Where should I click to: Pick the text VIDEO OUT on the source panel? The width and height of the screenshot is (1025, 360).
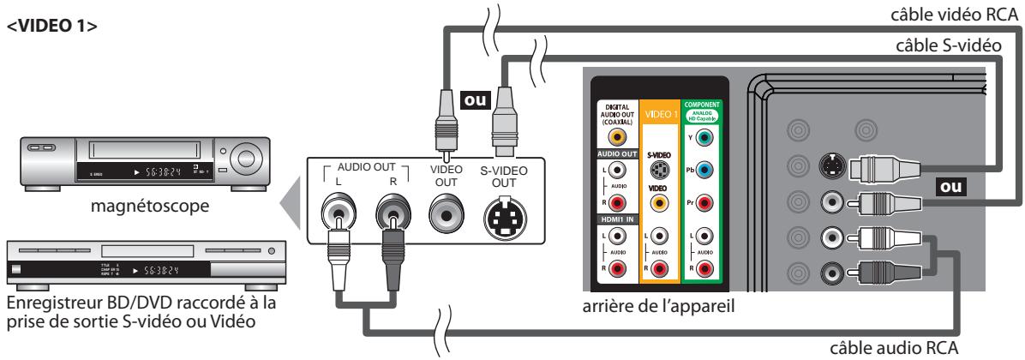click(446, 175)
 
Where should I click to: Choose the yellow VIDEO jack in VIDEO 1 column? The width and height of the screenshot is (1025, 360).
click(656, 205)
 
